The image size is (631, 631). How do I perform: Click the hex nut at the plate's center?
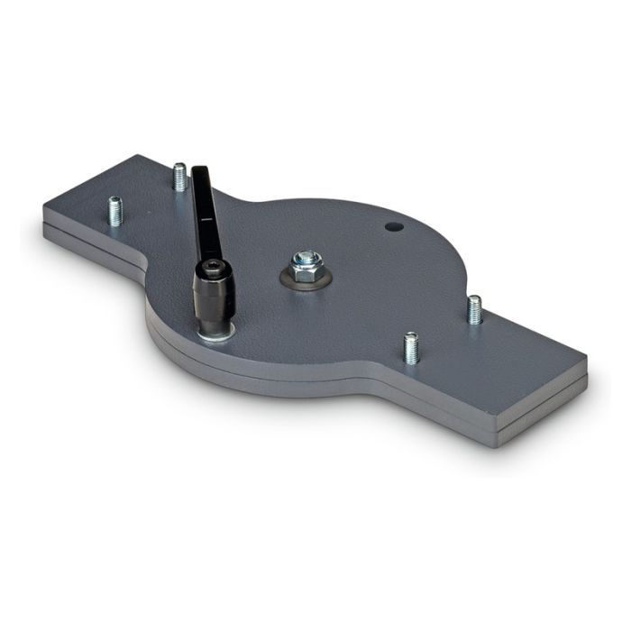click(x=301, y=265)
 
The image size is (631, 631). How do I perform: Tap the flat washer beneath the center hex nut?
click(x=300, y=279)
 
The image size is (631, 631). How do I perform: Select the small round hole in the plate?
click(x=393, y=226)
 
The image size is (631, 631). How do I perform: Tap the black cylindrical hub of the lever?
click(x=210, y=293)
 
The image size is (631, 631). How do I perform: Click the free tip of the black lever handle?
click(x=200, y=171)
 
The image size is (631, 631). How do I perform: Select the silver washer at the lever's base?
click(x=216, y=332)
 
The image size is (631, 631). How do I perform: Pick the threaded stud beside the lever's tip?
click(x=179, y=176)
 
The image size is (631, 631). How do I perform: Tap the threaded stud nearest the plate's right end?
click(x=474, y=309)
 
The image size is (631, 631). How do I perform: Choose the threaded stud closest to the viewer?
click(x=411, y=347)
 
